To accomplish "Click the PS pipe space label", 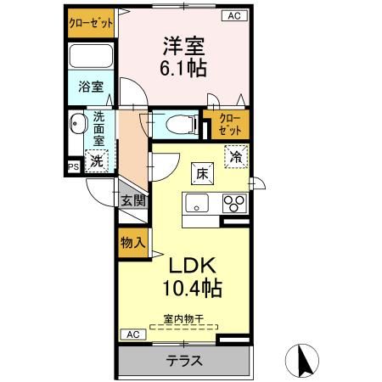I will pos(74,166).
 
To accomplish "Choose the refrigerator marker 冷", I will pos(236,157).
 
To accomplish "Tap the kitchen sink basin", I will pos(198,205).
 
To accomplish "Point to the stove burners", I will pos(233,205).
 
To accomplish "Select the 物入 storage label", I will pos(132,243).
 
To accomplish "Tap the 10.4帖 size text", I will pos(192,289).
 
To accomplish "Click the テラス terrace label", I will pos(184,361).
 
